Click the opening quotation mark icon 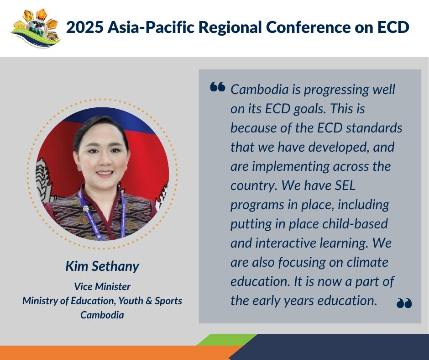tap(218, 87)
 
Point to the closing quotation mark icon tap(404, 303)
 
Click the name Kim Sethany tap(102, 266)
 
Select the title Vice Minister tap(102, 287)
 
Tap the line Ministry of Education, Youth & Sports tap(102, 301)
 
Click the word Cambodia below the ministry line tap(102, 315)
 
